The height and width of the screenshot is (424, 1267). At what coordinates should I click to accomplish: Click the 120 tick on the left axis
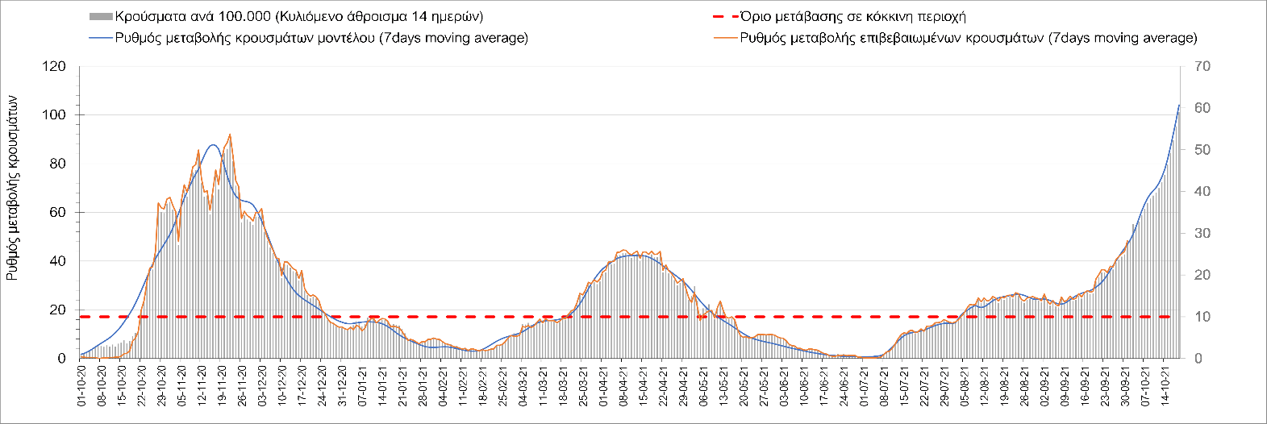pos(56,66)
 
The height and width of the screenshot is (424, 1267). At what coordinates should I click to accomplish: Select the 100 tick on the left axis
pos(56,115)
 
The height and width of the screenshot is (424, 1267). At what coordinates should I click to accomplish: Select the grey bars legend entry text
pos(299,17)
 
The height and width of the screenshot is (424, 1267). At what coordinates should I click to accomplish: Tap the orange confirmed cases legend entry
pos(968,38)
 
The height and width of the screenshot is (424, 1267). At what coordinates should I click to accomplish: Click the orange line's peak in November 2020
pos(230,135)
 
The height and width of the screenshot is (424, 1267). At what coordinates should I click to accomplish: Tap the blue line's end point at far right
pos(1179,105)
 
